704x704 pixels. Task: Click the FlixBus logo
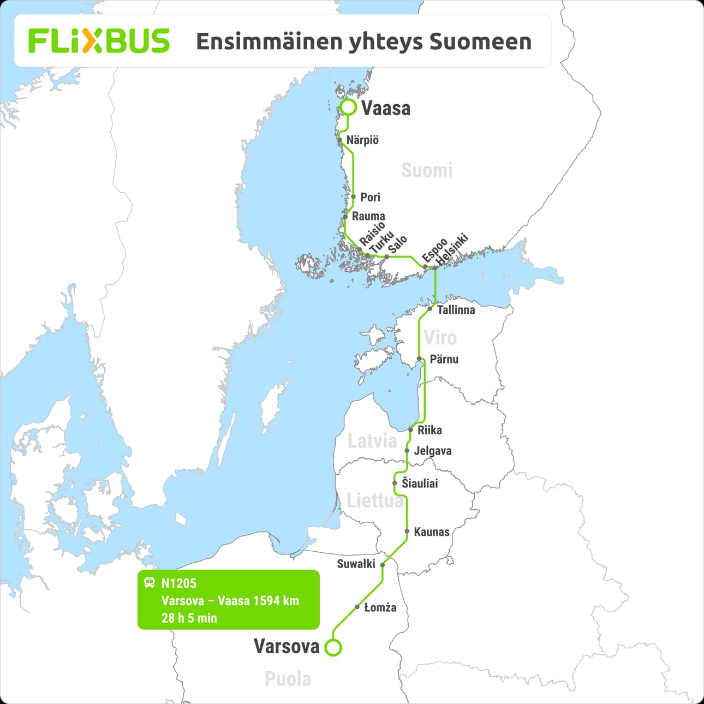99,41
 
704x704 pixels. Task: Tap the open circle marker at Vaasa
348,108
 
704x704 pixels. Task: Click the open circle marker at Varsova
333,648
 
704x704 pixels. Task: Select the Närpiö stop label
362,140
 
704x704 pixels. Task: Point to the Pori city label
370,197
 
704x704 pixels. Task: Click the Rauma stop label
368,216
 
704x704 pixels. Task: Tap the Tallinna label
456,310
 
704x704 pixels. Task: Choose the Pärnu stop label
444,359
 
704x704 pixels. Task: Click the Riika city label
429,430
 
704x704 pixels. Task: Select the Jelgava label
433,451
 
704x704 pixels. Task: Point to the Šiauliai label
420,483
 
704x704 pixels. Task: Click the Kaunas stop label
432,532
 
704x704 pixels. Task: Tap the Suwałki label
356,564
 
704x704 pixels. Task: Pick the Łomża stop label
380,607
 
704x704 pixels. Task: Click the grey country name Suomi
427,170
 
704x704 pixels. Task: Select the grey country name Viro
440,338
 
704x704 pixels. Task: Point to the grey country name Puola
288,679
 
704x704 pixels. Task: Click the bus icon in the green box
150,583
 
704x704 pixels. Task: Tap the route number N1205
178,583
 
